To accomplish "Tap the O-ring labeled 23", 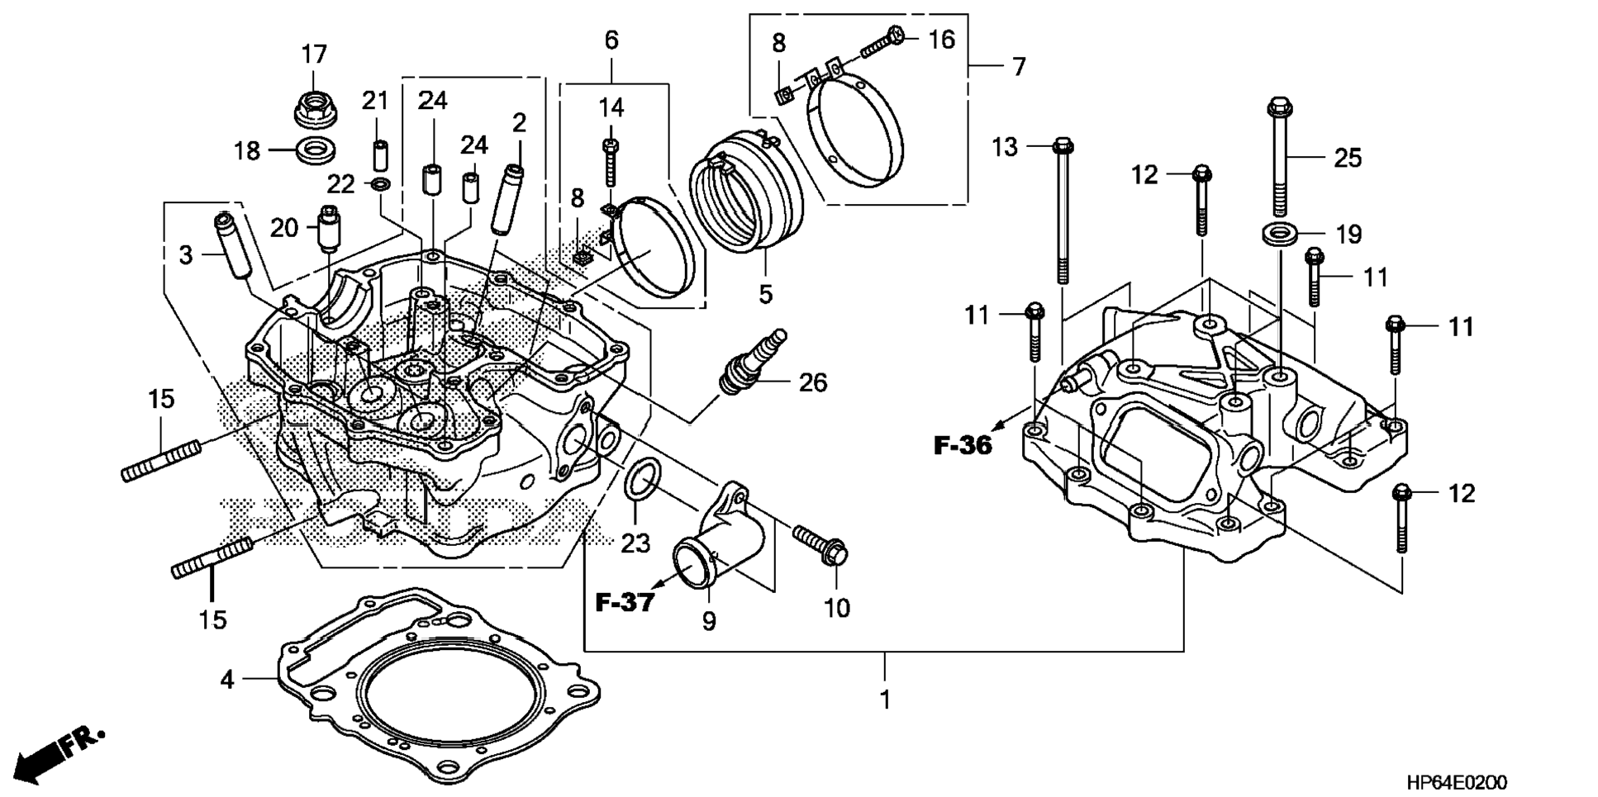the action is [642, 480].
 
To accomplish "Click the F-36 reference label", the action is [963, 446].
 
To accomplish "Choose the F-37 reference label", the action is [625, 602].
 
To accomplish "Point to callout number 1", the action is [885, 700].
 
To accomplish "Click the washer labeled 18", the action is [316, 151].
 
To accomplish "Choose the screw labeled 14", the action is [611, 162].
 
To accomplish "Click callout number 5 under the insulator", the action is [765, 293].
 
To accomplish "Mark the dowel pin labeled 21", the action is [379, 155].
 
